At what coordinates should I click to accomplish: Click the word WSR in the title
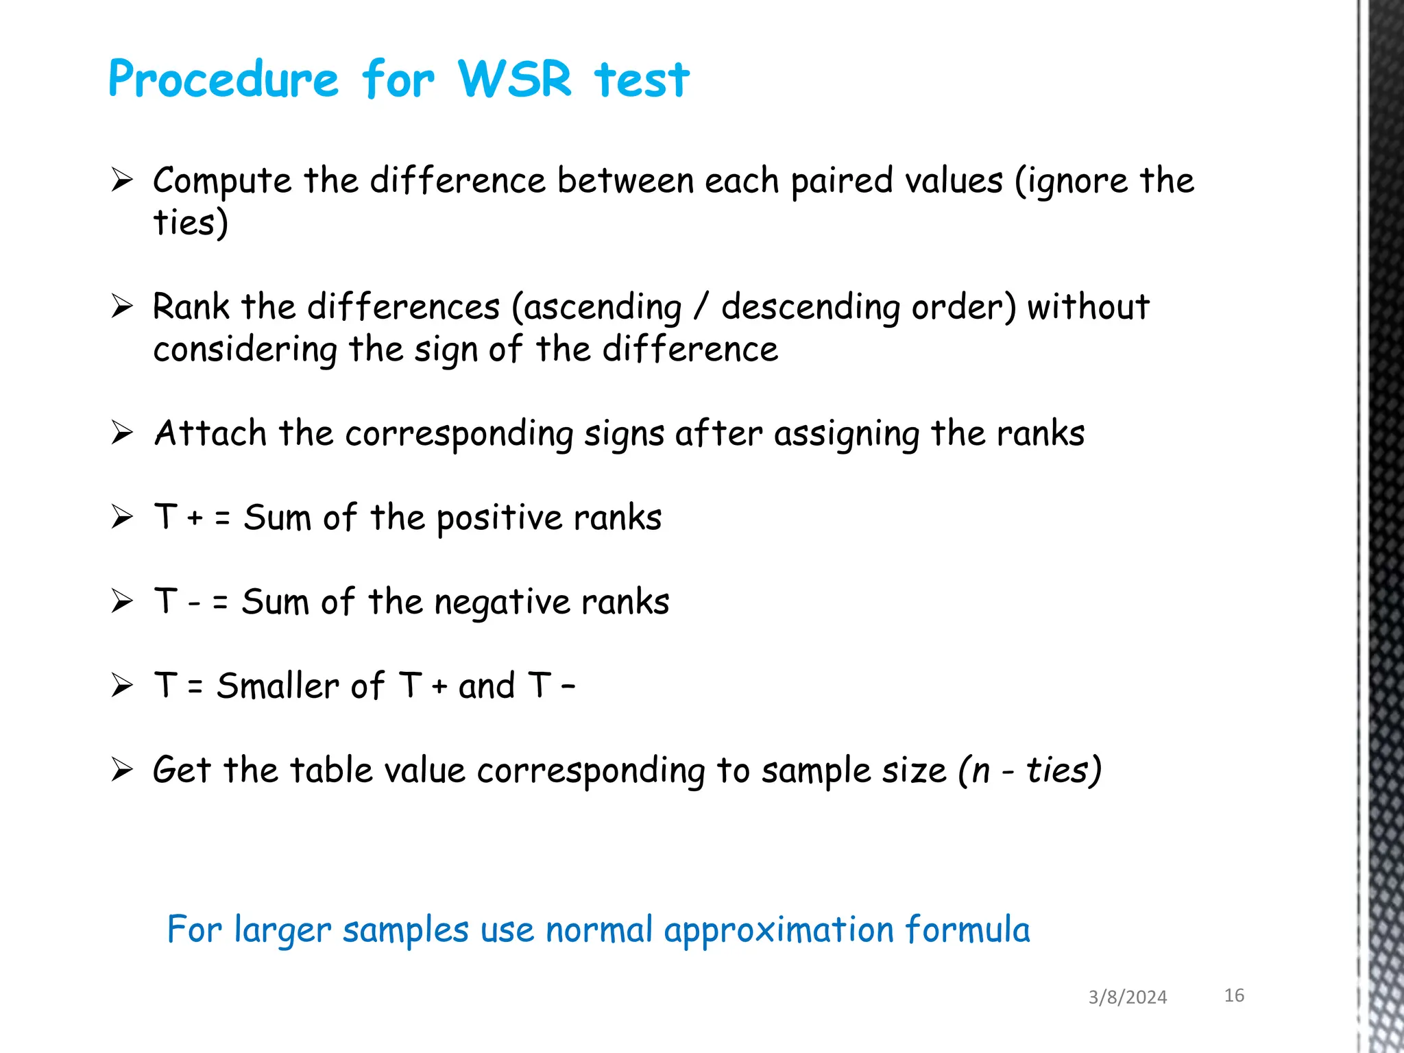pos(514,79)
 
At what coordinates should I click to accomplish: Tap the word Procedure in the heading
pos(223,80)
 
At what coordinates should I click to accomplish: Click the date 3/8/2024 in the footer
pos(1127,997)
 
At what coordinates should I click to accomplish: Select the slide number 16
pos(1234,995)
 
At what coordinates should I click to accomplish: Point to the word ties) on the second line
pos(190,223)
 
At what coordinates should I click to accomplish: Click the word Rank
pos(191,306)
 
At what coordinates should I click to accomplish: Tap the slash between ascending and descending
pos(700,306)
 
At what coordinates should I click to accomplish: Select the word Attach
pos(210,433)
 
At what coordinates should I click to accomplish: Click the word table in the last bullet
pos(330,771)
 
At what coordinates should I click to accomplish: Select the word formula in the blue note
pos(967,930)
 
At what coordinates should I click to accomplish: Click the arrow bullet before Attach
pos(122,433)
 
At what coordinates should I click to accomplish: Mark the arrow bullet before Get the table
pos(122,770)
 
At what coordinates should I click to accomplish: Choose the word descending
pos(810,308)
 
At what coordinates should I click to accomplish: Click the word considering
pos(245,350)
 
